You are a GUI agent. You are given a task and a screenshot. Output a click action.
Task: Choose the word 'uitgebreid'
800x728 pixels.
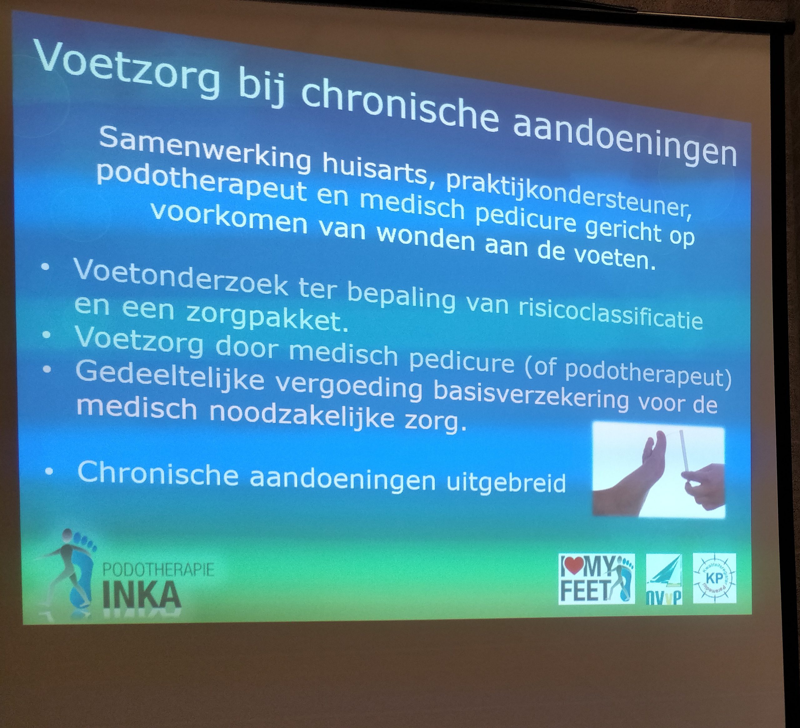click(x=506, y=482)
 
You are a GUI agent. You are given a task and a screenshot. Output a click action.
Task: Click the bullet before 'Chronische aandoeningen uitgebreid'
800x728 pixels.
click(x=49, y=471)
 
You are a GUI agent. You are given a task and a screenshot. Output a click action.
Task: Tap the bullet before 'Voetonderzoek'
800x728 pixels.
click(x=45, y=267)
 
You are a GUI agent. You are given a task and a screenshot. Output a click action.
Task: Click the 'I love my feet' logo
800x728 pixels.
click(x=597, y=579)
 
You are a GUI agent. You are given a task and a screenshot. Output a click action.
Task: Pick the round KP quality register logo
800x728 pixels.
click(x=714, y=578)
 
